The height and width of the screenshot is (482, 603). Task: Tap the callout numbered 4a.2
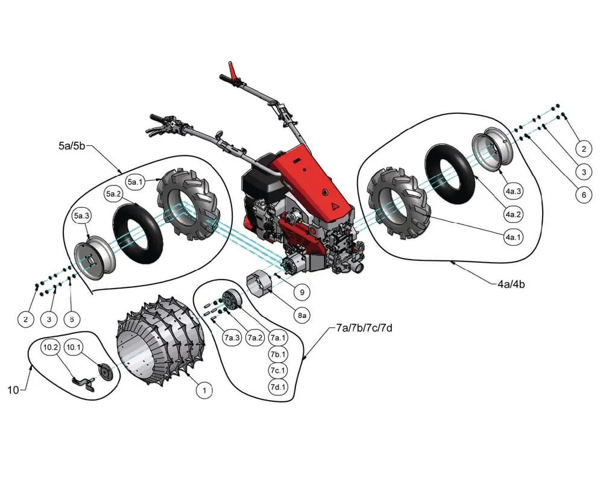click(x=514, y=214)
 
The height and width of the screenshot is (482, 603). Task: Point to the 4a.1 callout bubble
click(x=513, y=237)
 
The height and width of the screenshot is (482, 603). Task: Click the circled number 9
click(x=301, y=292)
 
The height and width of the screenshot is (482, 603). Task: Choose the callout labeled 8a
click(x=301, y=315)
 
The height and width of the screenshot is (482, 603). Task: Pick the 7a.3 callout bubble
click(x=231, y=337)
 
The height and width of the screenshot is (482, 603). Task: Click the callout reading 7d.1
click(x=278, y=386)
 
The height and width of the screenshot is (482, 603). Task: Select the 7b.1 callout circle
click(x=278, y=354)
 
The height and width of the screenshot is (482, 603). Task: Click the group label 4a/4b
click(x=511, y=283)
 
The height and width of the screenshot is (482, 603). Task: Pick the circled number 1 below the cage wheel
click(x=205, y=390)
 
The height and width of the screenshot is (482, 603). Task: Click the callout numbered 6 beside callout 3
click(x=583, y=195)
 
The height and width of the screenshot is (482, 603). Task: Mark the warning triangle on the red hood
click(x=333, y=205)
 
